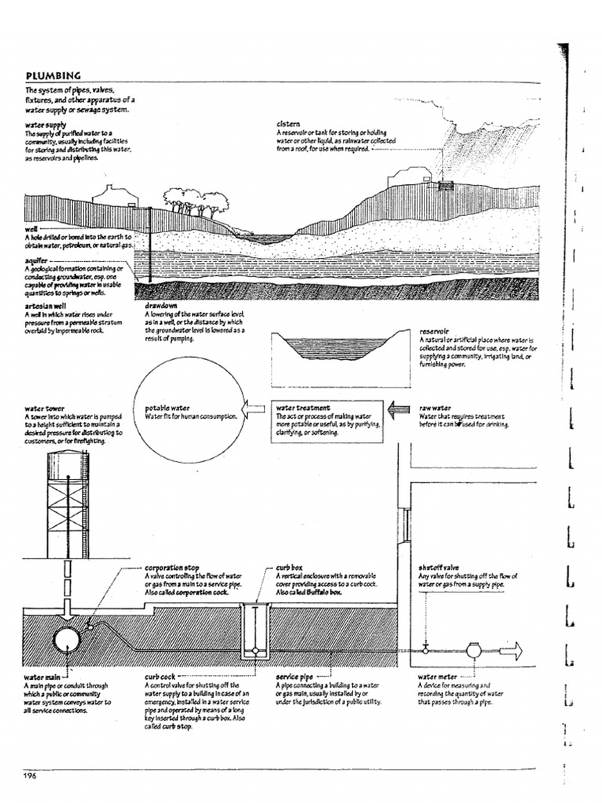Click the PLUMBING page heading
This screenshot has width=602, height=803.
pyautogui.click(x=53, y=76)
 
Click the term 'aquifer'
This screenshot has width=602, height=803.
pyautogui.click(x=36, y=261)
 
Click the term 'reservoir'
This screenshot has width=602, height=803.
pyautogui.click(x=434, y=331)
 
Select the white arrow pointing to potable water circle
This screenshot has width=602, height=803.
pyautogui.click(x=255, y=409)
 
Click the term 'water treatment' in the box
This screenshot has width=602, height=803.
pyautogui.click(x=303, y=408)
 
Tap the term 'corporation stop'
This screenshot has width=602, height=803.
pyautogui.click(x=173, y=567)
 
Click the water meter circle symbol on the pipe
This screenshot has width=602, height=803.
pyautogui.click(x=474, y=649)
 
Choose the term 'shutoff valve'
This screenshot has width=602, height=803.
pyautogui.click(x=439, y=567)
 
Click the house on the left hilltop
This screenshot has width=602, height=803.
pyautogui.click(x=114, y=194)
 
